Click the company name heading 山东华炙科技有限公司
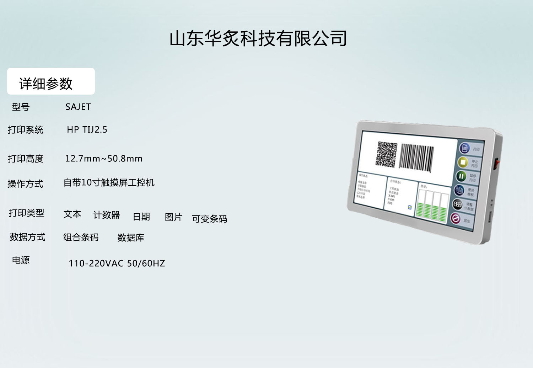(258, 38)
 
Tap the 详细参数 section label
(46, 84)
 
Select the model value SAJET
(78, 107)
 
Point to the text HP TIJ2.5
(87, 130)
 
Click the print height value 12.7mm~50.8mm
(104, 159)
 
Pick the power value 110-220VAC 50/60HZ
(117, 263)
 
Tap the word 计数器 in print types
(107, 215)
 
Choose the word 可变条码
(209, 219)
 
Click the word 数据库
(131, 238)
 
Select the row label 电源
(21, 260)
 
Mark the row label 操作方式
(25, 184)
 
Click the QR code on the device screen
(387, 154)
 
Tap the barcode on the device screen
(416, 158)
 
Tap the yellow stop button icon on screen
(463, 162)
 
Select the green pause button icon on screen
(461, 176)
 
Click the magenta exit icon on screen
(456, 218)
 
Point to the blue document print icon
(464, 148)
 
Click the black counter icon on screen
(457, 204)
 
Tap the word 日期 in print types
(141, 217)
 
